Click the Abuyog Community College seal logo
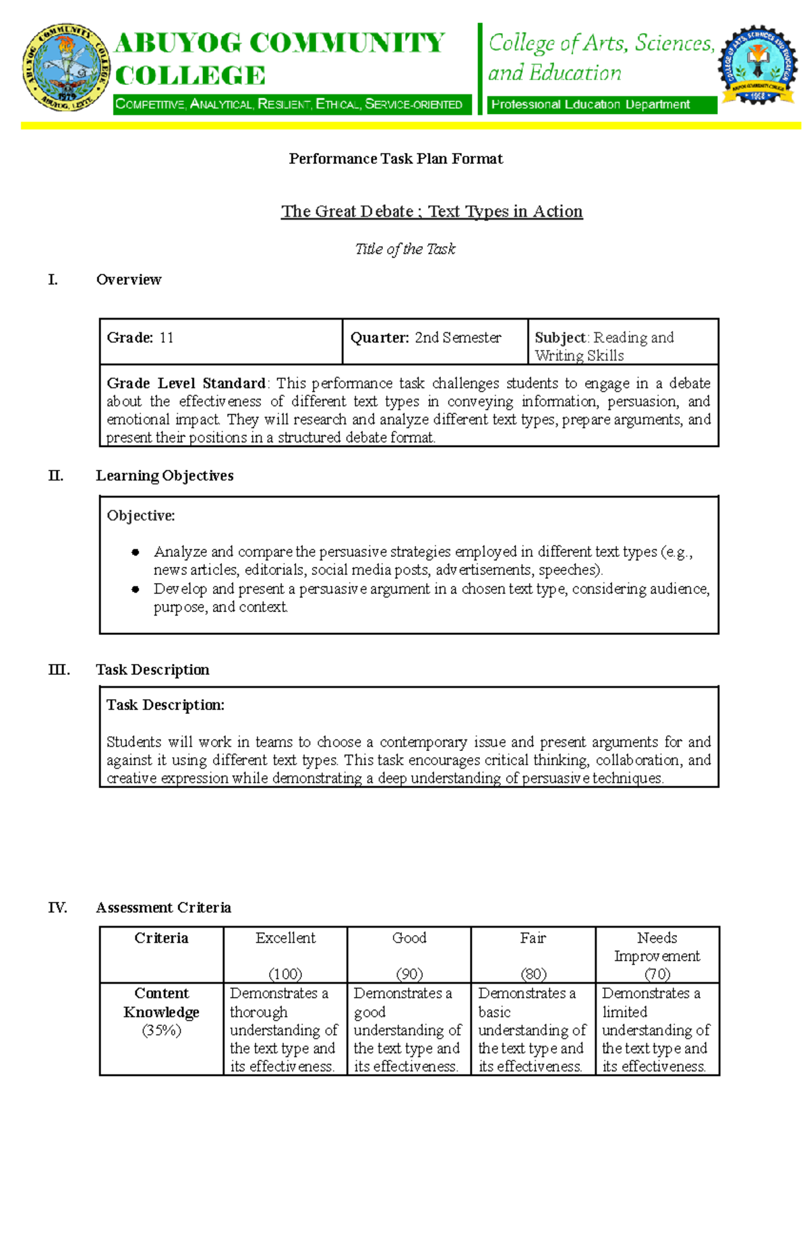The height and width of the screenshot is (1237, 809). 65,67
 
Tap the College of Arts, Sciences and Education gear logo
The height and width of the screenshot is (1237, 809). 758,65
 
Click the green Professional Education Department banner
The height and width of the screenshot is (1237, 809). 601,104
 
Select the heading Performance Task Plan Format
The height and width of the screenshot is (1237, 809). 396,159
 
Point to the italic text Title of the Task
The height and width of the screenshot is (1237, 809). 405,249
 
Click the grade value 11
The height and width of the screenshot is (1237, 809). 167,338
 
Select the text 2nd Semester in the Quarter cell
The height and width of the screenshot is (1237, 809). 458,338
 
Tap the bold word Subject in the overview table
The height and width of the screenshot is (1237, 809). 560,338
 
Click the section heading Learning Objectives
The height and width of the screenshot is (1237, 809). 164,476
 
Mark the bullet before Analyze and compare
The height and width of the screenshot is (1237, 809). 136,552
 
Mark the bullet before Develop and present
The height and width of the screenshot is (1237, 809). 136,589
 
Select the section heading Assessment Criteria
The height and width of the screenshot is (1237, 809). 163,908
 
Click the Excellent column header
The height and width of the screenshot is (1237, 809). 285,938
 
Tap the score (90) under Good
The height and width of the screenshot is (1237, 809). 409,974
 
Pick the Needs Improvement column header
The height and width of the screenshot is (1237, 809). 657,947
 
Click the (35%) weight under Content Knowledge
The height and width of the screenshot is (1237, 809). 161,1031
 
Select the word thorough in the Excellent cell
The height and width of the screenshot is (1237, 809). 258,1013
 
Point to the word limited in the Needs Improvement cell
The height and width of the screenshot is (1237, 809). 624,1013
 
